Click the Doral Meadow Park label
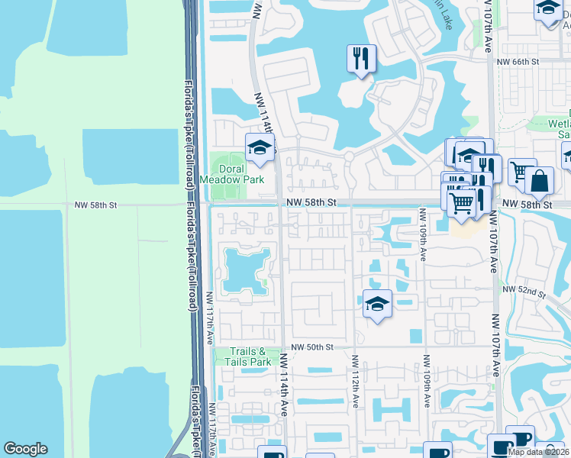tap(232, 174)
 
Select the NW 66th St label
tap(518, 61)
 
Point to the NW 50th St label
tap(311, 347)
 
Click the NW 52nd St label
tap(524, 292)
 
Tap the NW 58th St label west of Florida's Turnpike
tap(95, 205)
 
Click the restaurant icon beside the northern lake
tap(360, 59)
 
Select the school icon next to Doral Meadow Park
tap(260, 147)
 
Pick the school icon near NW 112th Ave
tap(376, 304)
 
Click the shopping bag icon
tap(539, 181)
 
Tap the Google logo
tap(25, 449)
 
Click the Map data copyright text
tap(539, 453)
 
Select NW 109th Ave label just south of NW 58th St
tap(422, 234)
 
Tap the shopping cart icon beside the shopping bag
tap(521, 172)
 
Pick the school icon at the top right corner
tap(548, 9)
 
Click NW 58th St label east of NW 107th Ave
tap(527, 205)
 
